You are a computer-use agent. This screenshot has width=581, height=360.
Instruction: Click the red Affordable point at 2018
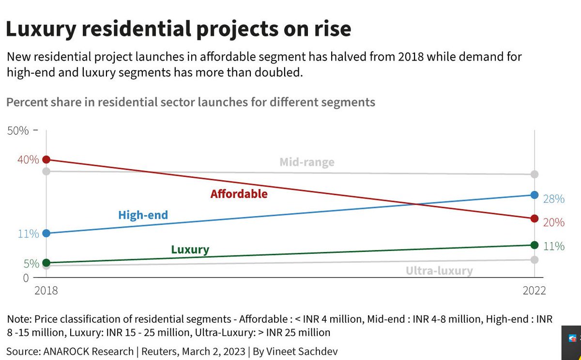[46, 159]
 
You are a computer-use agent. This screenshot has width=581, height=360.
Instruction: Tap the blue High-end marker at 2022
[535, 195]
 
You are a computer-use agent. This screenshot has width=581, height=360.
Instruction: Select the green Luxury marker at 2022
[535, 245]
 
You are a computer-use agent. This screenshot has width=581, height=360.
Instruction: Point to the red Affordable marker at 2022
[535, 219]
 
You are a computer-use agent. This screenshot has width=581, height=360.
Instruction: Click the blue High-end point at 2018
[46, 233]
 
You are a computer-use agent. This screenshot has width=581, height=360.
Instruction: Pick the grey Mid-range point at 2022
[535, 174]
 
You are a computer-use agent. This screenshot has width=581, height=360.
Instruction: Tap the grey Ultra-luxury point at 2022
[535, 260]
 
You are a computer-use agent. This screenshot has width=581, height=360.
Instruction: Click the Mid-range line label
[307, 162]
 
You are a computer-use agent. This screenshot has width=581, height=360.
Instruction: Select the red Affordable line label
[239, 194]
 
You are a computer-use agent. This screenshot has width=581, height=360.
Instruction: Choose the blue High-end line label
[143, 215]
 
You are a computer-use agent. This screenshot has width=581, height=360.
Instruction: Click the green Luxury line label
[190, 250]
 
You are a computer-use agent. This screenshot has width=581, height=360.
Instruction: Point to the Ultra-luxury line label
[439, 270]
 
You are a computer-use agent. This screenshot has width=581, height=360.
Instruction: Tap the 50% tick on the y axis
[18, 131]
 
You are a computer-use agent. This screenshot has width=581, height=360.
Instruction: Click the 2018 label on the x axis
[46, 291]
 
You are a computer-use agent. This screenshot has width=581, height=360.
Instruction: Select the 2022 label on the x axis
[534, 291]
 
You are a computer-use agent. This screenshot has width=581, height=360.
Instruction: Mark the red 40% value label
[28, 159]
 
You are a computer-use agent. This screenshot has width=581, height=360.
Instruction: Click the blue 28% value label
[553, 199]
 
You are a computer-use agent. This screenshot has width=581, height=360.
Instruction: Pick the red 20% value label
[553, 222]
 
